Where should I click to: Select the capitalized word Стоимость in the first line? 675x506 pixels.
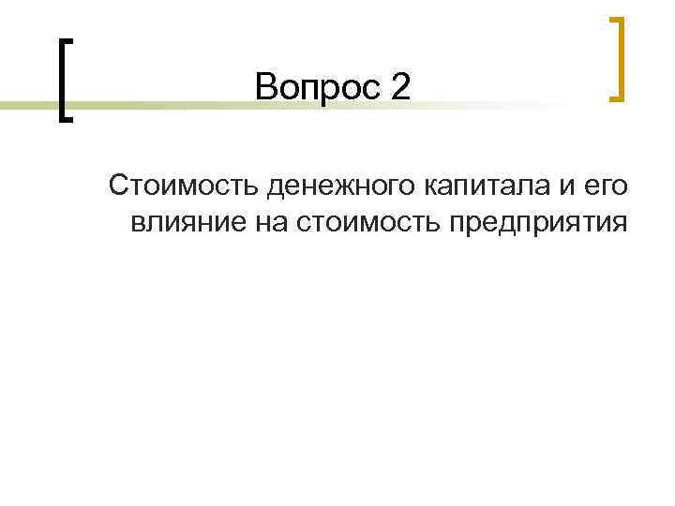[x=184, y=186]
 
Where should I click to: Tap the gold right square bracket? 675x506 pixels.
[x=618, y=57]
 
